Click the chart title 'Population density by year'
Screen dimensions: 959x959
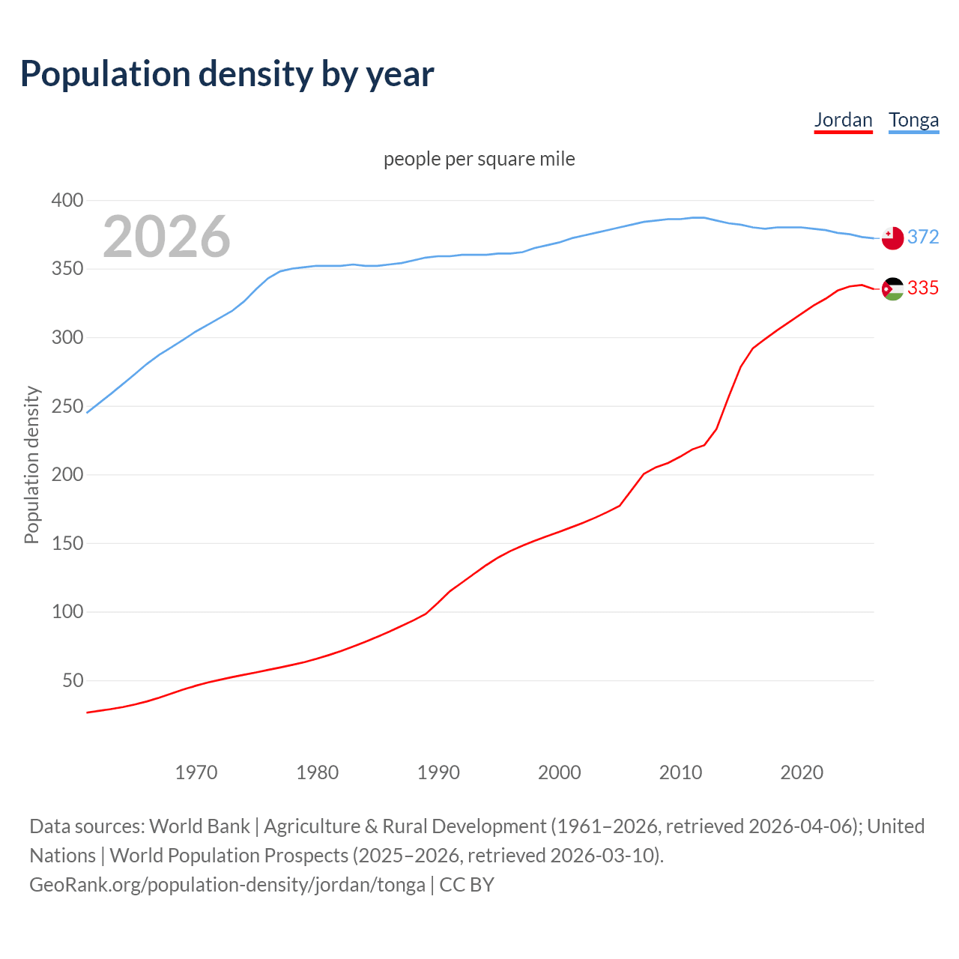227,74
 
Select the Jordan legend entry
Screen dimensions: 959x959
843,120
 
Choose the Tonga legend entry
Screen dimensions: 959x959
913,120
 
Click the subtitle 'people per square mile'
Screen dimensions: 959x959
479,159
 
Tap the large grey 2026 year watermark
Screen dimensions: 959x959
166,237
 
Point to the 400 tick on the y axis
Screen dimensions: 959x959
67,200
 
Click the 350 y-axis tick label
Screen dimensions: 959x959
67,269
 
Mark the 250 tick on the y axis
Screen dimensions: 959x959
67,406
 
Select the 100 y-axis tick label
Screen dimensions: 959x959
67,612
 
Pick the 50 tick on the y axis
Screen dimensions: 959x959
73,681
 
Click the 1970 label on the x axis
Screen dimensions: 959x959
196,772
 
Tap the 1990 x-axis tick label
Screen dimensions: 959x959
438,772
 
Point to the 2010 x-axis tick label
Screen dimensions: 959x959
680,772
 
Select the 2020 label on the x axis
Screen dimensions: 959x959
802,772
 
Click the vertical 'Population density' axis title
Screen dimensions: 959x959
31,465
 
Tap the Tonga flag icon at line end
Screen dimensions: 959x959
892,238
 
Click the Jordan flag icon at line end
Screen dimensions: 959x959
892,288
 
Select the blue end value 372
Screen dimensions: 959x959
923,237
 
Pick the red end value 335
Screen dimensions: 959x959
923,288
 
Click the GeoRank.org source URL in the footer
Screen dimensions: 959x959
227,885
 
